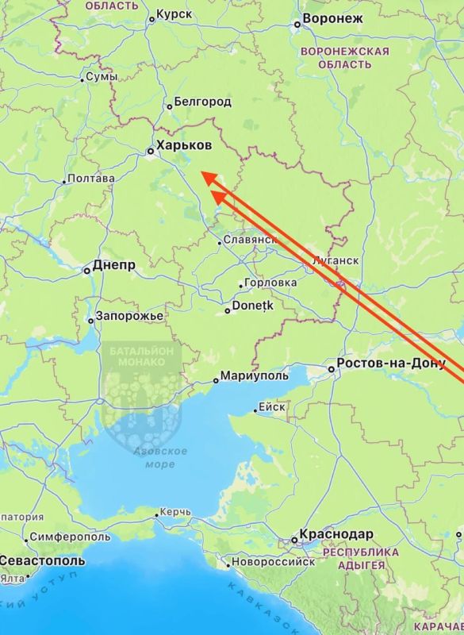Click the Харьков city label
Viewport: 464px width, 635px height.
coord(184,147)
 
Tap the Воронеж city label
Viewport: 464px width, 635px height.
coord(332,19)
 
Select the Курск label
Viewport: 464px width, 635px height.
coord(174,14)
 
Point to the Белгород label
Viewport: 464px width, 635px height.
coord(202,102)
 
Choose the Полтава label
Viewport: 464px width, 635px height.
coord(91,179)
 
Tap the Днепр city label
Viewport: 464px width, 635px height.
coord(114,265)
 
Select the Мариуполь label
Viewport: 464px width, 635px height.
coord(253,375)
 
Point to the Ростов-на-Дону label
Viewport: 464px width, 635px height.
coord(392,364)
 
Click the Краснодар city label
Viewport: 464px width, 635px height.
coord(336,535)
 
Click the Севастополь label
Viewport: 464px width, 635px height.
coord(41,560)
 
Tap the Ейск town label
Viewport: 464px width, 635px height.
coord(272,408)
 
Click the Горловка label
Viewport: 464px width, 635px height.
coord(270,283)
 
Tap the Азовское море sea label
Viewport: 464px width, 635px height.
coord(164,457)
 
